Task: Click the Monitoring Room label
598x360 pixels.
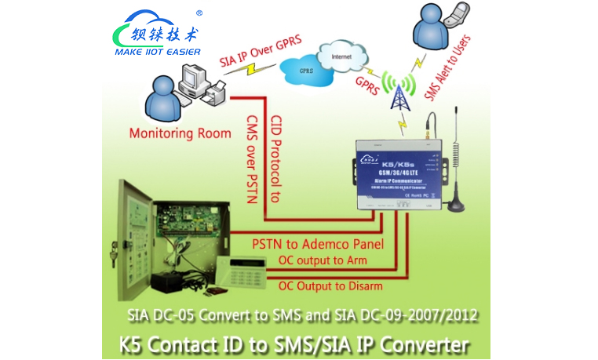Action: [x=171, y=133]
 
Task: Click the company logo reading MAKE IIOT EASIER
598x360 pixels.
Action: [x=158, y=36]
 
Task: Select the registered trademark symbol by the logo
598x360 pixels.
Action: [x=199, y=13]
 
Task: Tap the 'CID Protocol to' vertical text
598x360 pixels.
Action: [x=275, y=160]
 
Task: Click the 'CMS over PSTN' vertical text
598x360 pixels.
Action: [x=252, y=160]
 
